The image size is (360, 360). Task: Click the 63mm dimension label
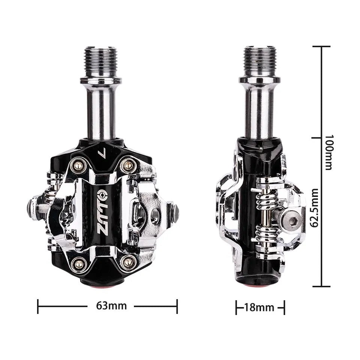pyautogui.click(x=111, y=306)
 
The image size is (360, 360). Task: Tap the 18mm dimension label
pyautogui.click(x=259, y=307)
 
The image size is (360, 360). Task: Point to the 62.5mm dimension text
pyautogui.click(x=314, y=208)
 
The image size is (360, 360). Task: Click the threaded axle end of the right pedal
pyautogui.click(x=259, y=61)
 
